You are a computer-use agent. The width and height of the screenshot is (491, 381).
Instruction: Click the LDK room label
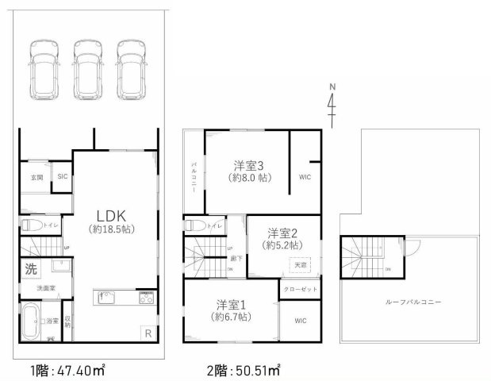110,217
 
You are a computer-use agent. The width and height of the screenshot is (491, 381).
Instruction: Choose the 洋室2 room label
282,233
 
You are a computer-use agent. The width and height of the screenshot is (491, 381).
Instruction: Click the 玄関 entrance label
36,176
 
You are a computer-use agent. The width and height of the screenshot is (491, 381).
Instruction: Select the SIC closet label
61,176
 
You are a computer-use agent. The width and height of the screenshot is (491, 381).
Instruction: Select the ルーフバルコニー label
412,302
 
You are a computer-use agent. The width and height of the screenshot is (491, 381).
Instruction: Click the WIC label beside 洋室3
305,178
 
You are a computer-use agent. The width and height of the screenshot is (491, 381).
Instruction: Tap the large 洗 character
31,269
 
